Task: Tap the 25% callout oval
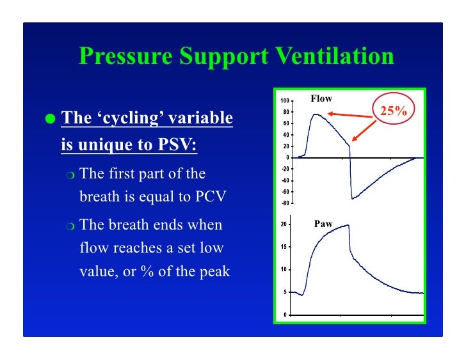pyautogui.click(x=393, y=111)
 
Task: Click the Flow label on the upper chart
pyautogui.click(x=321, y=98)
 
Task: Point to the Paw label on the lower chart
pyautogui.click(x=323, y=224)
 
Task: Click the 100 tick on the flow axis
pyautogui.click(x=285, y=101)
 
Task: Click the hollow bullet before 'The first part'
pyautogui.click(x=70, y=175)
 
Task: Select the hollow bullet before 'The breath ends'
pyautogui.click(x=70, y=225)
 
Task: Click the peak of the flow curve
pyautogui.click(x=315, y=114)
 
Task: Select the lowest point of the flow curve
pyautogui.click(x=352, y=198)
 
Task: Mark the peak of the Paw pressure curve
pyautogui.click(x=348, y=225)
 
